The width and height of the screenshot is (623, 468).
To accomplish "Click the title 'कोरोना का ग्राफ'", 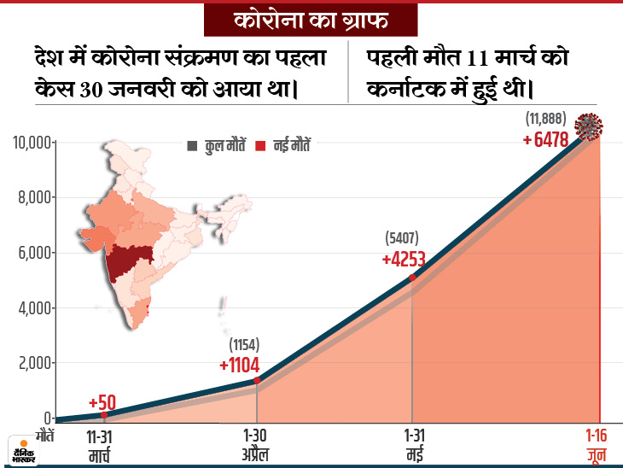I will (311, 18).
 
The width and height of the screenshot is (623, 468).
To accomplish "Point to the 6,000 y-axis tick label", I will (32, 253).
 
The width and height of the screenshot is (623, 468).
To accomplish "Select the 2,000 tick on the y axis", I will (32, 363).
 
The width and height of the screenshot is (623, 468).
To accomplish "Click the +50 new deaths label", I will (102, 402).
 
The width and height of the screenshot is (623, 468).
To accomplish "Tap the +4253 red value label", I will (404, 259).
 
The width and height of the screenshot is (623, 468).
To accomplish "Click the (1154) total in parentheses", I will (244, 345).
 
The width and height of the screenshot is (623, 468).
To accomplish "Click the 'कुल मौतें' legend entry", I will (218, 146).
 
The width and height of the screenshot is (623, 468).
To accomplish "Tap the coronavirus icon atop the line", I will (589, 126).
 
